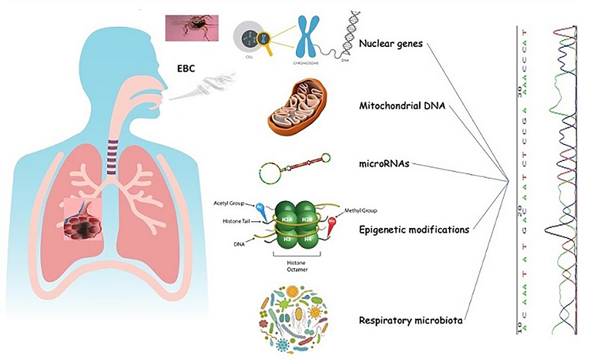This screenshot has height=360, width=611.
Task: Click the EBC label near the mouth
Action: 186,69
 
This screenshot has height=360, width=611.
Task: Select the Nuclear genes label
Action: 391,43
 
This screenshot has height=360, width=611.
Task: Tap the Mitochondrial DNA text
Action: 402,106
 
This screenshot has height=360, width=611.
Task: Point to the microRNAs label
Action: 384,164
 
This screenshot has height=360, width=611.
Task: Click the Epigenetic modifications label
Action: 414,230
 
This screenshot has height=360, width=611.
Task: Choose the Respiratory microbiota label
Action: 410,320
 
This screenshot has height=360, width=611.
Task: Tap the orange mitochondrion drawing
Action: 297,107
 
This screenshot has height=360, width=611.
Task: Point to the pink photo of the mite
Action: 192,28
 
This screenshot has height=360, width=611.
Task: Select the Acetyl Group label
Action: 229,203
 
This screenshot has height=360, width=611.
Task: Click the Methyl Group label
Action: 360,211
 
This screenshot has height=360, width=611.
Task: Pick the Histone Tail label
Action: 236,221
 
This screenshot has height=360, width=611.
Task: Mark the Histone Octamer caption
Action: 297,266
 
